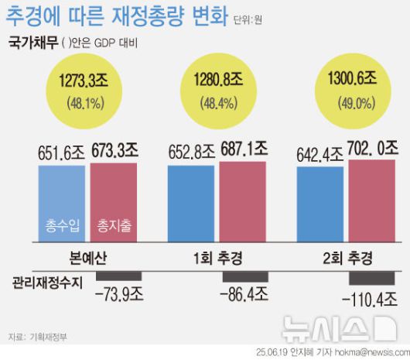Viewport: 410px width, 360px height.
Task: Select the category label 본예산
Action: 86,257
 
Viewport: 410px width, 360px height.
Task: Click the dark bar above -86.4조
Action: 245,276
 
